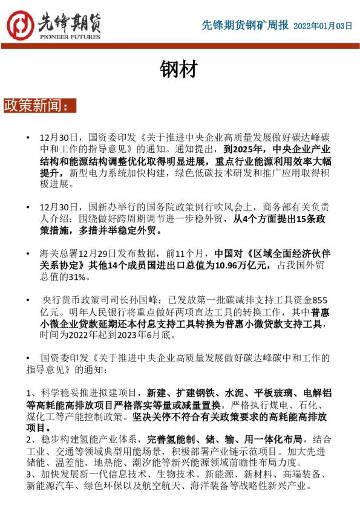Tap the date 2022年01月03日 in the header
tap(322, 26)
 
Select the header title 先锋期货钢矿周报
tap(244, 25)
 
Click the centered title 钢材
tap(179, 70)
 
